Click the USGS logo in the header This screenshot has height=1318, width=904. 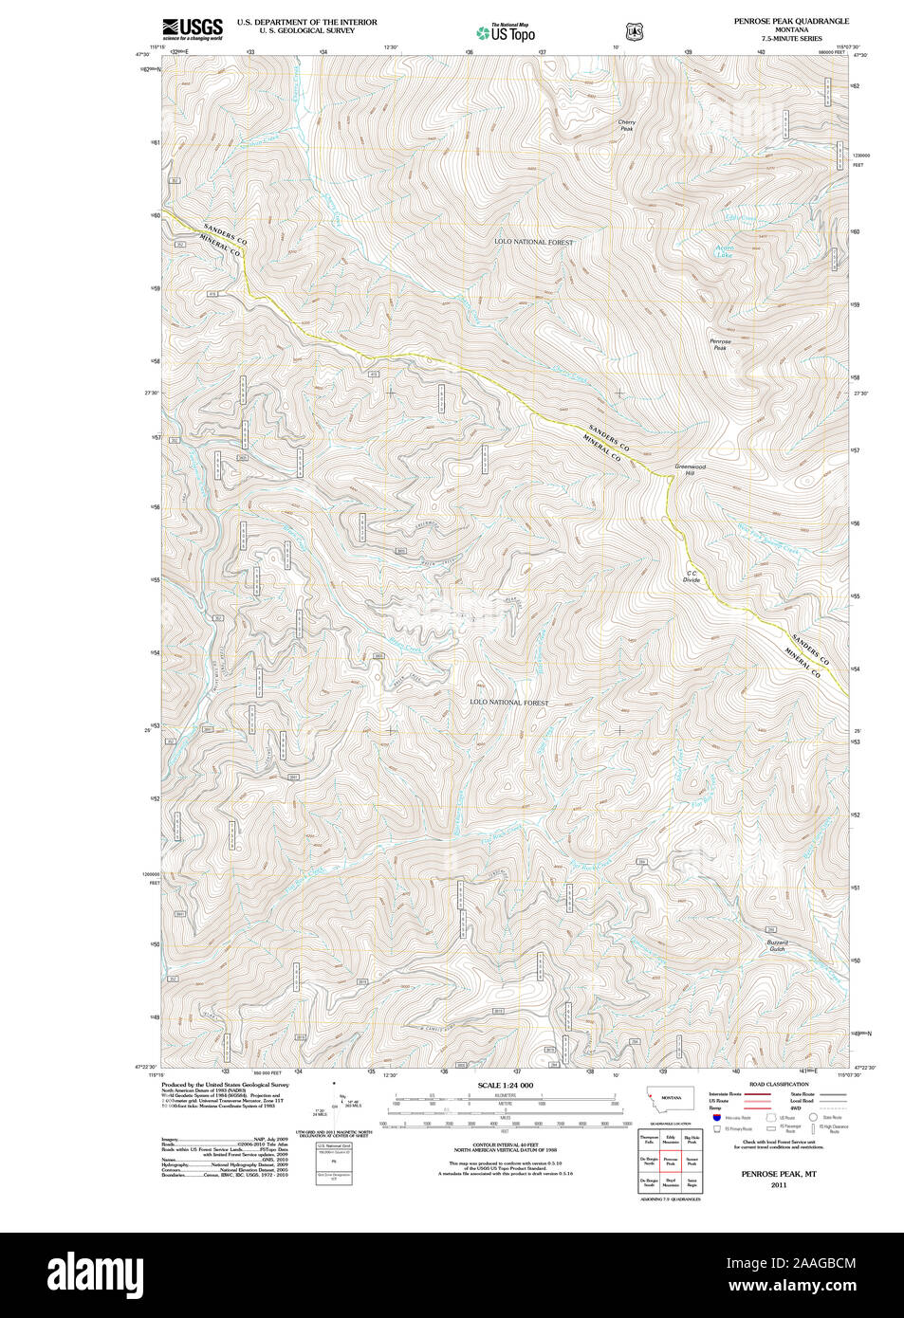coord(193,28)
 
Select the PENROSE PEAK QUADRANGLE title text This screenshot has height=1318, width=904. coord(790,21)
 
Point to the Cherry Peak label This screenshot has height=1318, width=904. coord(626,125)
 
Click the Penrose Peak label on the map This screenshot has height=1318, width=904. coord(720,344)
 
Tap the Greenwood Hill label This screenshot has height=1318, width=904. coord(690,469)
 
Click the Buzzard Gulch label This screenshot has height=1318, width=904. coord(778,945)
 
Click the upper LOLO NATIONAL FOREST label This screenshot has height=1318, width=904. coord(533,242)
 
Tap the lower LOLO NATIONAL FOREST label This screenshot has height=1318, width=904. coord(509,703)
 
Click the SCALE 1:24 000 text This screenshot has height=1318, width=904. coord(505,1086)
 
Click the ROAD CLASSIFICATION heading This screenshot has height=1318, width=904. coord(779,1084)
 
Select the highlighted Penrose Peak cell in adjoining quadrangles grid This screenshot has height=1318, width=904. coord(671,1161)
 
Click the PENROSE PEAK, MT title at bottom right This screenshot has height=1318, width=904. coord(779,1174)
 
